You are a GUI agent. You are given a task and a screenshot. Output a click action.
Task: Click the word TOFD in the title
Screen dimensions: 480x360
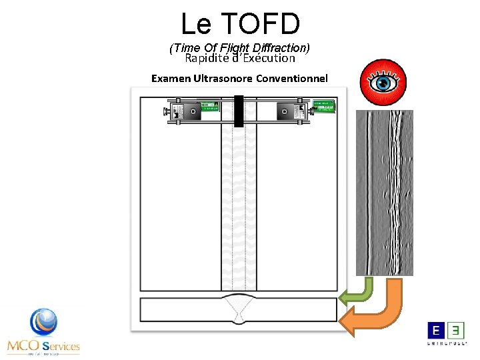click(261, 24)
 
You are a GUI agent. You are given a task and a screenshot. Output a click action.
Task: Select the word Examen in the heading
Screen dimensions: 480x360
click(171, 78)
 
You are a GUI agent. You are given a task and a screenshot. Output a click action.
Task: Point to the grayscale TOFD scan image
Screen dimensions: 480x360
click(384, 193)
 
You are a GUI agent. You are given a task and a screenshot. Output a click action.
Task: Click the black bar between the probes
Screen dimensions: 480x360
click(239, 111)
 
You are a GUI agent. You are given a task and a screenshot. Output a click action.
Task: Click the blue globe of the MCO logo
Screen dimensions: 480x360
click(44, 322)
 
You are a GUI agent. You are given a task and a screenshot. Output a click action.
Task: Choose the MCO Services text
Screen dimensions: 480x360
click(43, 346)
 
